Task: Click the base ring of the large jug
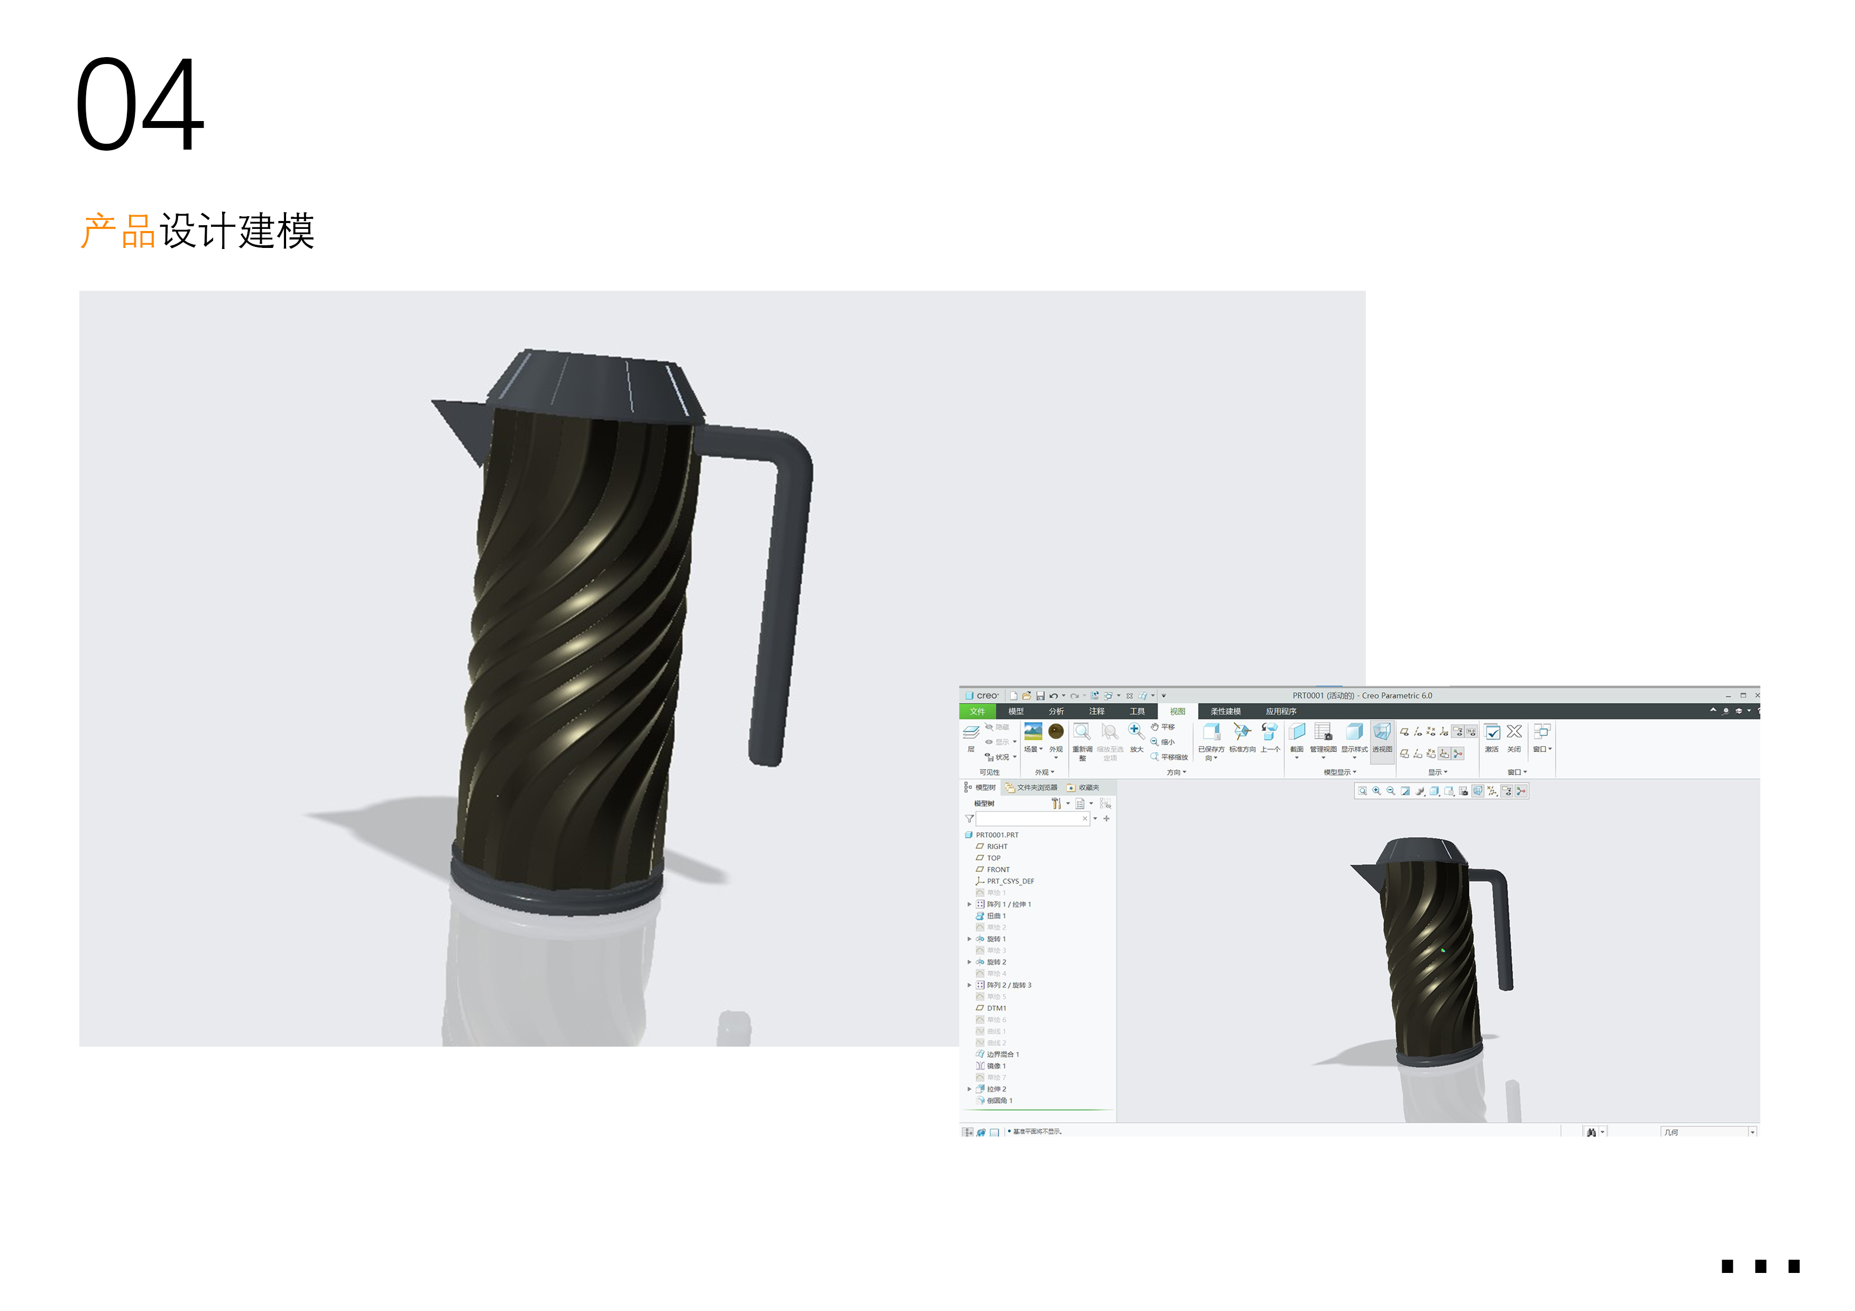pos(557,892)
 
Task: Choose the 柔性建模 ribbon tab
pos(1226,712)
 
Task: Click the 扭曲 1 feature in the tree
pos(996,916)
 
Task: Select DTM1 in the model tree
pos(996,1008)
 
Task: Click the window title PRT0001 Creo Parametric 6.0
pos(1362,696)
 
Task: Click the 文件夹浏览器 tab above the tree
pos(1036,788)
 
